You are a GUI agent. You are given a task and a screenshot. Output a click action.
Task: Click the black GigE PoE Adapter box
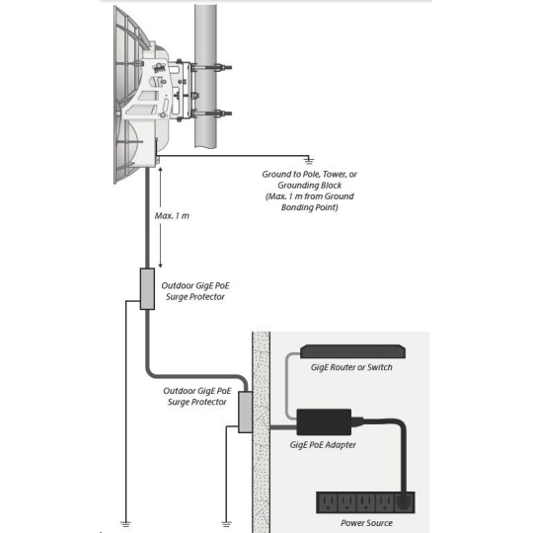pyautogui.click(x=324, y=422)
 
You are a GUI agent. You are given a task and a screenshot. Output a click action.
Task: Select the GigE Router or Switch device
pyautogui.click(x=352, y=351)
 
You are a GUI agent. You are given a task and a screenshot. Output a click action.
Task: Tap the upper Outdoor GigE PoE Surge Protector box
pyautogui.click(x=147, y=289)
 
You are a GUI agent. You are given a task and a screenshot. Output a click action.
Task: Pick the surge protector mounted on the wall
pyautogui.click(x=245, y=412)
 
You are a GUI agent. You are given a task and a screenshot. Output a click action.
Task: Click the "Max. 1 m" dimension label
pyautogui.click(x=172, y=216)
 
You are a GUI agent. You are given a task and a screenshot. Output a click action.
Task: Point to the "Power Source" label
pyautogui.click(x=366, y=523)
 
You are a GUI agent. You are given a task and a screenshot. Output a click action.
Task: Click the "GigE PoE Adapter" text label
pyautogui.click(x=323, y=445)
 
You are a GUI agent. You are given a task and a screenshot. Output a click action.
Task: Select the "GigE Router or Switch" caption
pyautogui.click(x=351, y=367)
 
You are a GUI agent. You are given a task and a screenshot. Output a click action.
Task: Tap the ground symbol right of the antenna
pyautogui.click(x=309, y=161)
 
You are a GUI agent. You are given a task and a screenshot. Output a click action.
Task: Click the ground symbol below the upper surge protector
pyautogui.click(x=125, y=524)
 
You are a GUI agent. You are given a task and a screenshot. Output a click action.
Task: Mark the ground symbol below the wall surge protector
pyautogui.click(x=226, y=524)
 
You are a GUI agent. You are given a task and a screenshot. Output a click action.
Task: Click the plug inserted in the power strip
pyautogui.click(x=404, y=501)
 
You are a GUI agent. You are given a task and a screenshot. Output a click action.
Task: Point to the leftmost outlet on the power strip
pyautogui.click(x=328, y=502)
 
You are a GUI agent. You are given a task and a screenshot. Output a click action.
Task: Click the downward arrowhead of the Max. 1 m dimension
pyautogui.click(x=161, y=266)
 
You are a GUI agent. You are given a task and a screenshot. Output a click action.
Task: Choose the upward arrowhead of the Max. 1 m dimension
pyautogui.click(x=161, y=169)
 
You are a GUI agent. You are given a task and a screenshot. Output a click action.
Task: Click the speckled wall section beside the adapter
pyautogui.click(x=261, y=432)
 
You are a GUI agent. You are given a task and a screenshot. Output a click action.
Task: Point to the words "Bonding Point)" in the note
pyautogui.click(x=309, y=207)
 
